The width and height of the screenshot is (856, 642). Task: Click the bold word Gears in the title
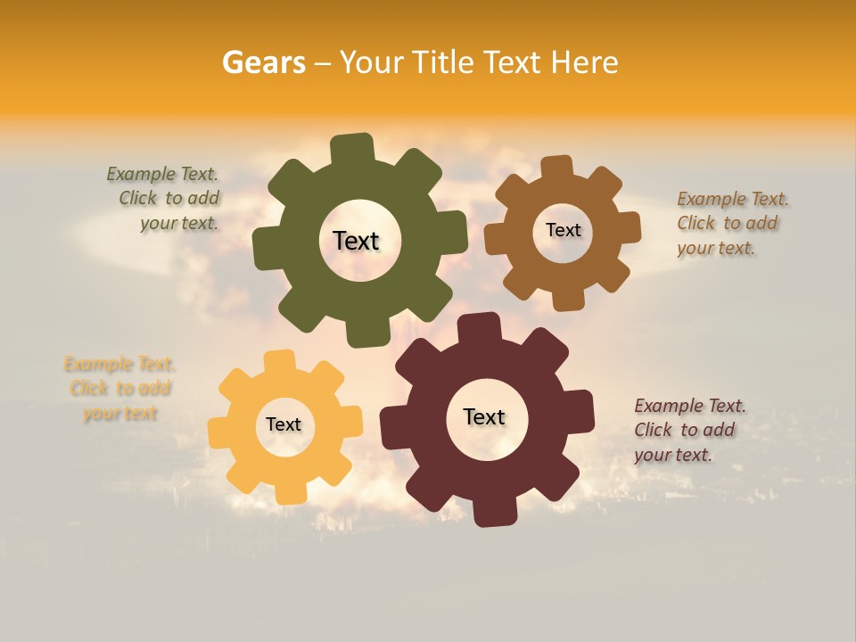(262, 62)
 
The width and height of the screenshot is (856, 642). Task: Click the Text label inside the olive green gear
(356, 241)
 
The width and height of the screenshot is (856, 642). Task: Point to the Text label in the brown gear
(563, 230)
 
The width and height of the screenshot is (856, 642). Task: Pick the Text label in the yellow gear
(284, 424)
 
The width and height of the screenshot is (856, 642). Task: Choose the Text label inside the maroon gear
(484, 416)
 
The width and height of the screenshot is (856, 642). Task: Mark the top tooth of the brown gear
(557, 167)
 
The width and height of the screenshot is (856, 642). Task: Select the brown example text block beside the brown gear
(731, 223)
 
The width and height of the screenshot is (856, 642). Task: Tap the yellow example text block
(120, 388)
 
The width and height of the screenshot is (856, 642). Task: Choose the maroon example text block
(688, 430)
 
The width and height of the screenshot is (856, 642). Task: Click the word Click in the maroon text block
(653, 430)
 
